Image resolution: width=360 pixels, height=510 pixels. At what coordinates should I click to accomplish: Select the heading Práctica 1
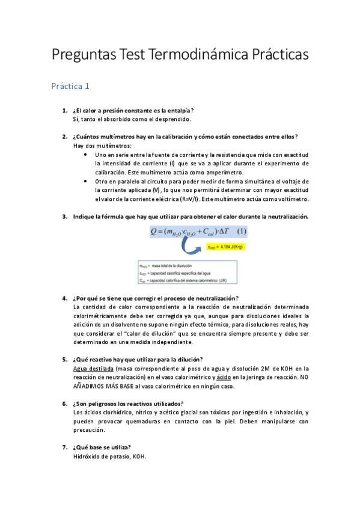(x=70, y=86)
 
